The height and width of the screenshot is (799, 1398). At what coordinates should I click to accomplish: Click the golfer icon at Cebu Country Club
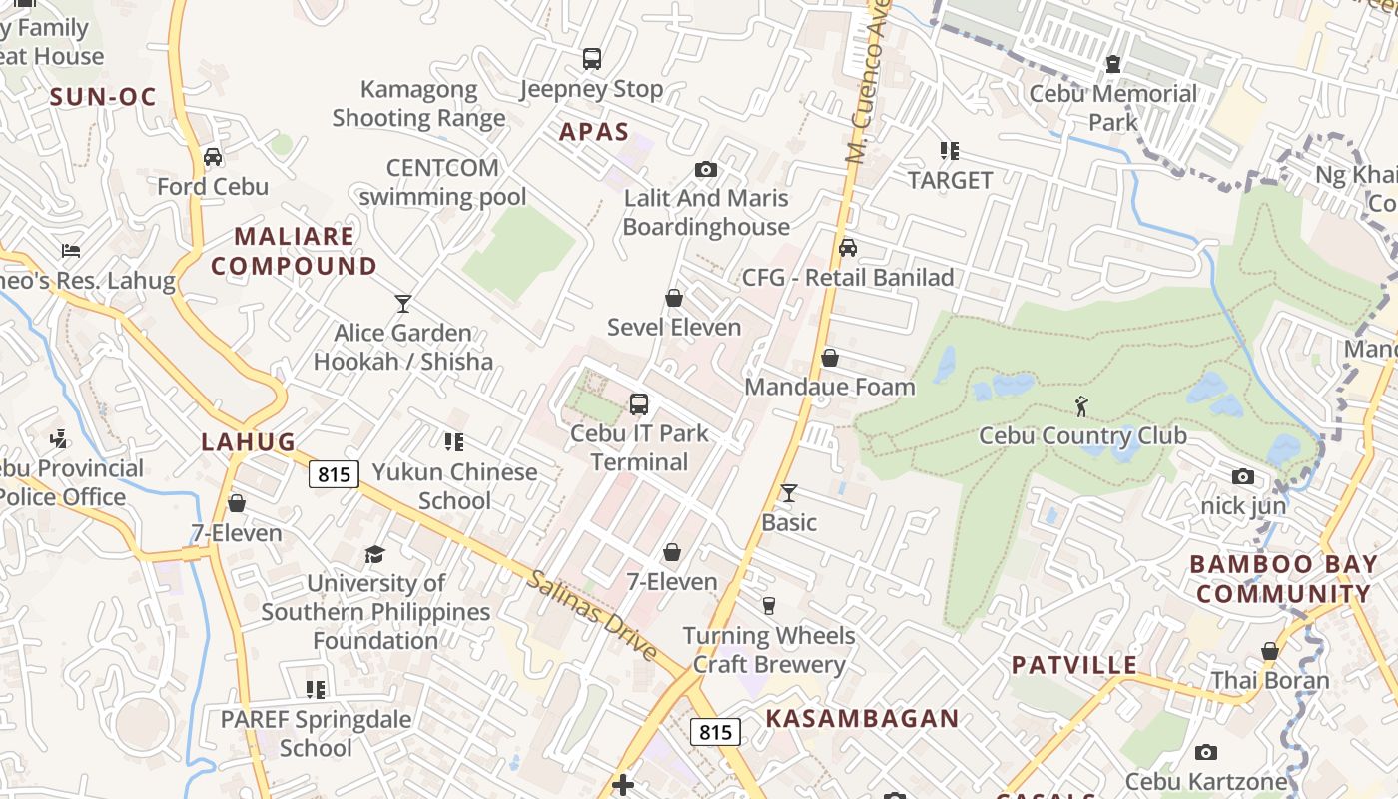(x=1081, y=406)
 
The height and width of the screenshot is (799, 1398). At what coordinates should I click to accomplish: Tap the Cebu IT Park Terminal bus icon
(x=639, y=404)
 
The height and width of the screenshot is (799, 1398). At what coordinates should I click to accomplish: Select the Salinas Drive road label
(x=592, y=615)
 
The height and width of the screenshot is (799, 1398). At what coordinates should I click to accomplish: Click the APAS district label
(x=594, y=132)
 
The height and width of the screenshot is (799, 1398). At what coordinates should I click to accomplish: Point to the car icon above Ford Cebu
(x=213, y=157)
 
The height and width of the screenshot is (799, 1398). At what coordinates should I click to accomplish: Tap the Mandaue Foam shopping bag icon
(x=829, y=358)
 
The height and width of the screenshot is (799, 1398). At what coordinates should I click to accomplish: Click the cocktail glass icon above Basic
(x=789, y=493)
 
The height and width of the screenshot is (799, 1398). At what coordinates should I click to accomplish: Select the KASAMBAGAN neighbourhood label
(x=862, y=718)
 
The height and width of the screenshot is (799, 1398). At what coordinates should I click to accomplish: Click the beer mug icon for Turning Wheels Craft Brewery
(x=768, y=606)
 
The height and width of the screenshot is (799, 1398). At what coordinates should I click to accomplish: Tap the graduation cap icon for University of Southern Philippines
(x=374, y=554)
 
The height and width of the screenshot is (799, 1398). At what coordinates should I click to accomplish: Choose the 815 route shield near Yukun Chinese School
(x=333, y=473)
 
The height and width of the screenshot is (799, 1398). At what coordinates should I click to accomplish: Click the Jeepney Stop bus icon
(x=592, y=59)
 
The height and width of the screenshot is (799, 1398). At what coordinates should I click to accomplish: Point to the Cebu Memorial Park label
(x=1112, y=108)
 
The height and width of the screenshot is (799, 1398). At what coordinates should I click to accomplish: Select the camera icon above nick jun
(x=1243, y=477)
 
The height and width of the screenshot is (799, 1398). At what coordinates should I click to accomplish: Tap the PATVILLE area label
(x=1073, y=665)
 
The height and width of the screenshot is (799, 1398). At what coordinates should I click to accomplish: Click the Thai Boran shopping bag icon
(x=1269, y=652)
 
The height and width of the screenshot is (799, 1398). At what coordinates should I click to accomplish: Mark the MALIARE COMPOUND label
(x=294, y=251)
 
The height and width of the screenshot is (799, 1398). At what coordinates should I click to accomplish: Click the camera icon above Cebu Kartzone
(x=1206, y=753)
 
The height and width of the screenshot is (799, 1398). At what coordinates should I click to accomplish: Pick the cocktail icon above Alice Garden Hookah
(x=403, y=304)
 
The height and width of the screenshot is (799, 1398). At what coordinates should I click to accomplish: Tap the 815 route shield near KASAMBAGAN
(x=715, y=732)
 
